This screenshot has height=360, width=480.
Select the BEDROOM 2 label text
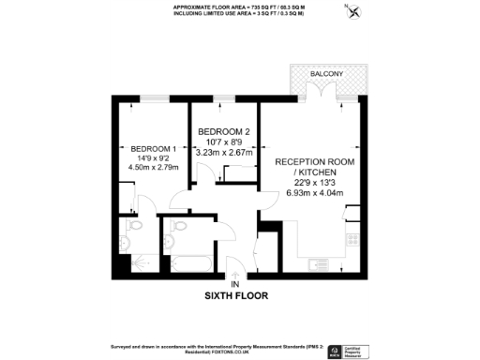tap(223, 130)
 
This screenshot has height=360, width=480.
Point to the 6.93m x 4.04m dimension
tap(316, 194)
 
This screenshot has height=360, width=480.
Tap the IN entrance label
tap(235, 283)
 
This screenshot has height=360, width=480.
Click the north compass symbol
tap(352, 12)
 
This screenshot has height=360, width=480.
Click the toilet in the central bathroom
tap(175, 226)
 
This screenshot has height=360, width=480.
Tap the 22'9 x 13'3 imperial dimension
tap(316, 184)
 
